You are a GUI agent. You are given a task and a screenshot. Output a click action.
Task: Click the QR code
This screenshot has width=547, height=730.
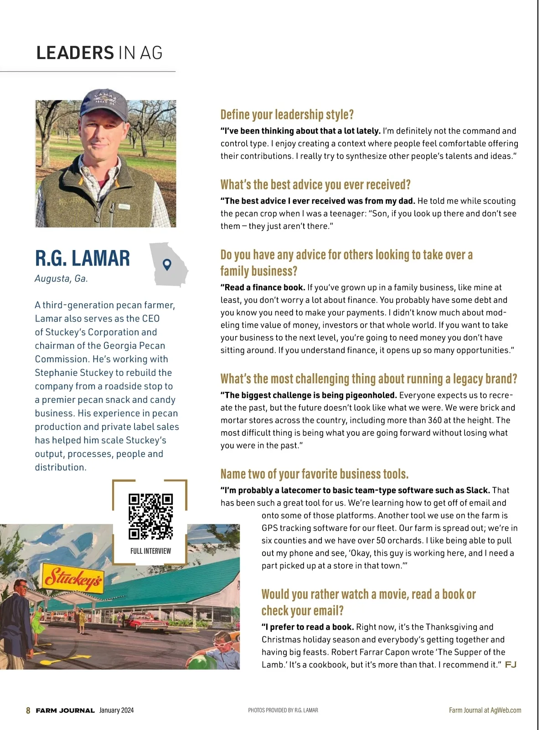click(150, 516)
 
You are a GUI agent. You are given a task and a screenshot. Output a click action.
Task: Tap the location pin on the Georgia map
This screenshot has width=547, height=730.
click(167, 264)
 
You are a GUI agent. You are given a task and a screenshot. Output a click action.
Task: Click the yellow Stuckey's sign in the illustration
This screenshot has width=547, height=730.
click(72, 578)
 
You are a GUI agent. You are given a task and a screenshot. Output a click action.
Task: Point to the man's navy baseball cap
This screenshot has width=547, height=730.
click(104, 104)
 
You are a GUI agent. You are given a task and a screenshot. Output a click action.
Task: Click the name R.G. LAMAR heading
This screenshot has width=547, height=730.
click(83, 258)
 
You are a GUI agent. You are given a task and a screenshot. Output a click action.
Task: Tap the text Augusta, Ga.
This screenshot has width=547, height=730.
click(61, 278)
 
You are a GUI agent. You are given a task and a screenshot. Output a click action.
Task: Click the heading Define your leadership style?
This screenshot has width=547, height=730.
click(287, 115)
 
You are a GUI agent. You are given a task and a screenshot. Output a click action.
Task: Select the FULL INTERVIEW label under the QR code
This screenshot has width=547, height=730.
click(150, 551)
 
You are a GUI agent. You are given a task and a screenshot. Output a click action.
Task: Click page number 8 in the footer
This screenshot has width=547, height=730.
click(28, 710)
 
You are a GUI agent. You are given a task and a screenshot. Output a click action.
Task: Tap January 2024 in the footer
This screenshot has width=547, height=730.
click(116, 710)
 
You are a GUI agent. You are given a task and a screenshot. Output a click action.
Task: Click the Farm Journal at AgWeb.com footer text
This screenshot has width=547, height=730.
click(485, 710)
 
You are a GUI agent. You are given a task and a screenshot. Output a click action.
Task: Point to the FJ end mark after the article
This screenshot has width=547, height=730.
click(511, 665)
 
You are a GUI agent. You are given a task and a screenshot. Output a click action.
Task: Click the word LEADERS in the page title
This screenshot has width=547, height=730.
click(75, 53)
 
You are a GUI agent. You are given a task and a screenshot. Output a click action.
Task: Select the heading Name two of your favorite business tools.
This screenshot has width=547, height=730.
click(314, 474)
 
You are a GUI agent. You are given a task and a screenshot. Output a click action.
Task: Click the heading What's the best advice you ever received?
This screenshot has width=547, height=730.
click(315, 185)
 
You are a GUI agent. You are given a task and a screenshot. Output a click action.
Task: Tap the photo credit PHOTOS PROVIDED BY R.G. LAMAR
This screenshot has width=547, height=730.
click(283, 710)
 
